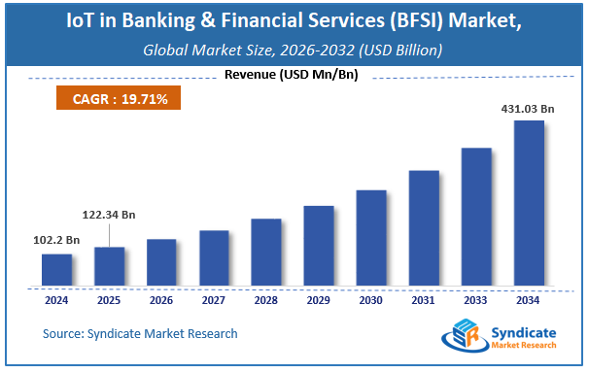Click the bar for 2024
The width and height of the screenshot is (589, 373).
tap(56, 270)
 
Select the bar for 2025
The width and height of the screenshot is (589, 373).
tap(109, 266)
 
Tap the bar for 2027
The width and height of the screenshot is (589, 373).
tap(214, 258)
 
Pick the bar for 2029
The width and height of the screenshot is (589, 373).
tap(319, 246)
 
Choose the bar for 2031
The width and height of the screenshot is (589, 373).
tap(424, 228)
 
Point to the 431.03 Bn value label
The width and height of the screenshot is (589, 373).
tap(527, 110)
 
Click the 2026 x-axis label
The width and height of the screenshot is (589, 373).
tap(161, 300)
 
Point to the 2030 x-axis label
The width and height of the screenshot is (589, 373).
tap(371, 300)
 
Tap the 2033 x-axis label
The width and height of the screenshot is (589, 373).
tap(476, 300)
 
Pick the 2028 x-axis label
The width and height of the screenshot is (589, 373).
tap(266, 300)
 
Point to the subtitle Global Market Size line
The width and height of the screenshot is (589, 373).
tap(294, 49)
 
